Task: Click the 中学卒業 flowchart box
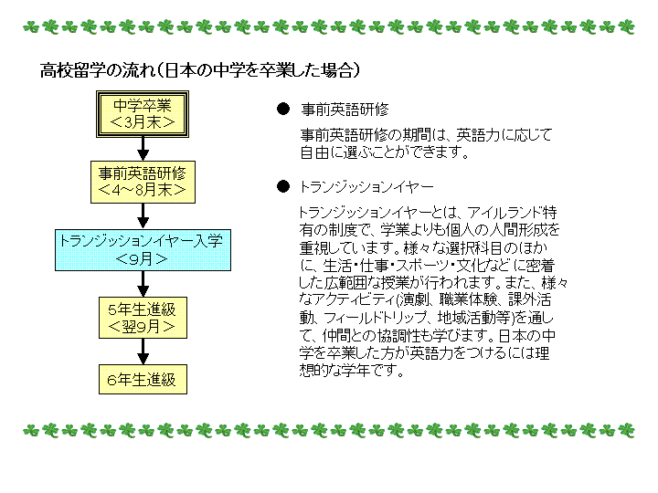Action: click(143, 114)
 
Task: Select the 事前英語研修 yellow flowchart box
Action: click(143, 182)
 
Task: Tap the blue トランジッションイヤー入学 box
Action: click(143, 250)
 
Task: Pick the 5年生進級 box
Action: click(143, 318)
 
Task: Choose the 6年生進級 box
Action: click(143, 380)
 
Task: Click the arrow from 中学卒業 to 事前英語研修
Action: click(143, 149)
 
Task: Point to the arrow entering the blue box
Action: click(143, 216)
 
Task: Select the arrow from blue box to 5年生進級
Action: click(143, 284)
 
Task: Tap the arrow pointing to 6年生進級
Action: click(143, 351)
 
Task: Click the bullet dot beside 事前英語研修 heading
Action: click(283, 109)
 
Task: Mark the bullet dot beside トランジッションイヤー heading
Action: click(283, 186)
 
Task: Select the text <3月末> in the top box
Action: click(143, 122)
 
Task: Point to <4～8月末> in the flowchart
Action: click(143, 190)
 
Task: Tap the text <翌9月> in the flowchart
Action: click(142, 326)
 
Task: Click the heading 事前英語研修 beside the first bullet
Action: click(345, 110)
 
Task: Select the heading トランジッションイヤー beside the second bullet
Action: click(366, 186)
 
